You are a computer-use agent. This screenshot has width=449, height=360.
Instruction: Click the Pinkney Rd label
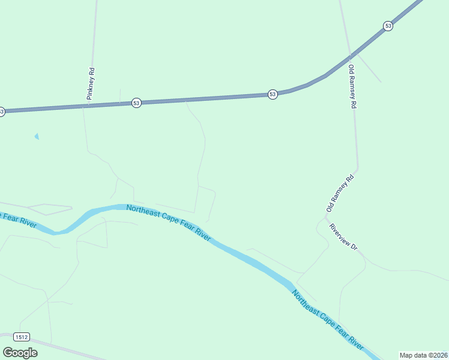(91, 83)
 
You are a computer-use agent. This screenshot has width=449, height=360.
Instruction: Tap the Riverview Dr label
(343, 238)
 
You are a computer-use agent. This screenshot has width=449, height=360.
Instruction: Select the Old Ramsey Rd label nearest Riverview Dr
(341, 193)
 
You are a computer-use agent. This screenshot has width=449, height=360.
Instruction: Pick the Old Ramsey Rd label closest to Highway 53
(352, 86)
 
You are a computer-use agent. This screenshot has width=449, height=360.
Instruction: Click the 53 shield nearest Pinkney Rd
(137, 103)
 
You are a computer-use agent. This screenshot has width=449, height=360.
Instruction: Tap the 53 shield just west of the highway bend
(273, 95)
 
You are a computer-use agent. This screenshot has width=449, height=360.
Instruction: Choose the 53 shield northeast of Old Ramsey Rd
(388, 26)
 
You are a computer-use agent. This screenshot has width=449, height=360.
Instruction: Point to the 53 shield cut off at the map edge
(2, 112)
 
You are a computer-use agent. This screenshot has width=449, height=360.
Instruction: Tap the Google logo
(20, 353)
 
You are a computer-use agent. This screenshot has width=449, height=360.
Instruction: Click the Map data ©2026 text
(423, 355)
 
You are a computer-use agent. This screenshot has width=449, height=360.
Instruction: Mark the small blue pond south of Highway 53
(37, 136)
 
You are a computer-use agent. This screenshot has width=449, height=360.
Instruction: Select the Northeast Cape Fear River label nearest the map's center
(169, 222)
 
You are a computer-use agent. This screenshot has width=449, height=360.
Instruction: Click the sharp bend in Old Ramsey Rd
(358, 169)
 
